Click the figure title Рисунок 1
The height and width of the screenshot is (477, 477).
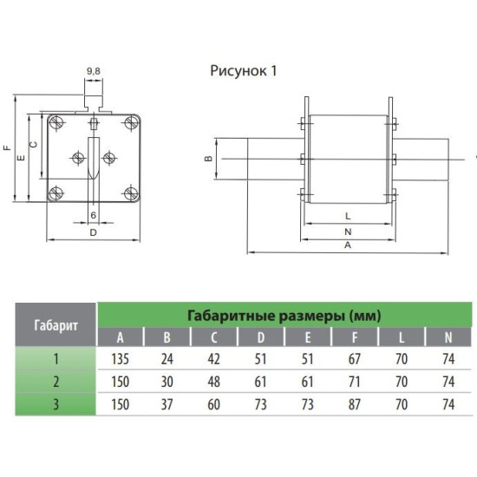point(244,71)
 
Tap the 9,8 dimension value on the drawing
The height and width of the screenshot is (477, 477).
point(94,71)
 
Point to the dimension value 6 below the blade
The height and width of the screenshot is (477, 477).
point(94,215)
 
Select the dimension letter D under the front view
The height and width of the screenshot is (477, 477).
point(94,232)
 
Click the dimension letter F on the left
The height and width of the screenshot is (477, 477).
point(7,148)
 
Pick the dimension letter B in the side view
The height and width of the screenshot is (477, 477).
point(208,158)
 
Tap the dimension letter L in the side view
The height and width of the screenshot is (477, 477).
point(348,216)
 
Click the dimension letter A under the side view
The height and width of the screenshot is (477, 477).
point(348,245)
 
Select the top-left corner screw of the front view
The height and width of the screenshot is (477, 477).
point(56,122)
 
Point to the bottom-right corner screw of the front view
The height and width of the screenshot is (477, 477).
point(132,193)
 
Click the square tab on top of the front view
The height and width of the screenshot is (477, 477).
point(94,101)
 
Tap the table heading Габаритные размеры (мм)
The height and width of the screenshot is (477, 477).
point(284,316)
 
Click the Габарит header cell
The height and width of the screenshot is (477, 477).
point(56,325)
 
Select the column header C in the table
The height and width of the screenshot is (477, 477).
point(214,337)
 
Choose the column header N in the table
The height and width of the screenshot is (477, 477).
point(448,337)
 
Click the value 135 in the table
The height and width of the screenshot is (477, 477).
point(121,359)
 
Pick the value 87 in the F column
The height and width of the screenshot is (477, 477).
point(355,405)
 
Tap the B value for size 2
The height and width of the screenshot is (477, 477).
point(167,382)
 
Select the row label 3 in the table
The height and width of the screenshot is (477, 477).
point(56,405)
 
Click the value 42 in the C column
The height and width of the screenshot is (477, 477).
point(214,359)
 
